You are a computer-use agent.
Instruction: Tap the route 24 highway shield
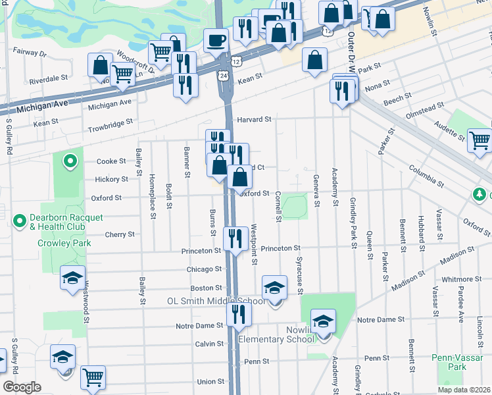pyautogui.click(x=224, y=76)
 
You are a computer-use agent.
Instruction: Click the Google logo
pyautogui.click(x=22, y=386)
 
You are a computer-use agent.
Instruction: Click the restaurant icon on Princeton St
pyautogui.click(x=235, y=238)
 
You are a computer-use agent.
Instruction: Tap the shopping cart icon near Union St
pyautogui.click(x=93, y=378)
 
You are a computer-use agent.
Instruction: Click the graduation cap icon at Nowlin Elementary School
pyautogui.click(x=323, y=322)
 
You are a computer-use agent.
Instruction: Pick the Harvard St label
pyautogui.click(x=254, y=119)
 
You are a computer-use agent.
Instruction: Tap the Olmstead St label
pyautogui.click(x=428, y=109)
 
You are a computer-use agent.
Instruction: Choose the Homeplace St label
pyautogui.click(x=153, y=200)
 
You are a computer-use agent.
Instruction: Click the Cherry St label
pyautogui.click(x=119, y=234)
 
